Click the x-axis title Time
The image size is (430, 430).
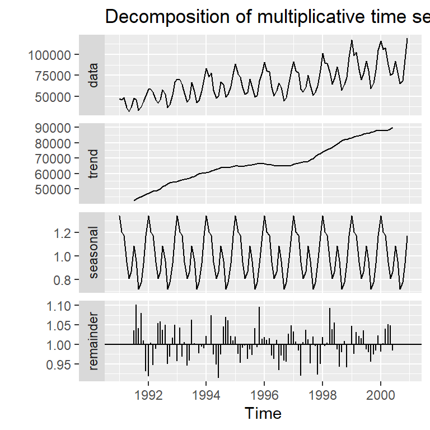pos(263,414)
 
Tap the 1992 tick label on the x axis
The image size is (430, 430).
pos(148,394)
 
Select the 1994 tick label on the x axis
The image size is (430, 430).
pos(207,394)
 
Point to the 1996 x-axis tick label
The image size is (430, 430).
pos(265,394)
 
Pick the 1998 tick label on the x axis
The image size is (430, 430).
pos(323,394)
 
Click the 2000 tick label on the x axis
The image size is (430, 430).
pos(381,394)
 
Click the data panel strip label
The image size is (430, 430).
pos(93,75)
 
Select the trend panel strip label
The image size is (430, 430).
pos(93,163)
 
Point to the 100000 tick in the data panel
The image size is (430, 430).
pos(49,55)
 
